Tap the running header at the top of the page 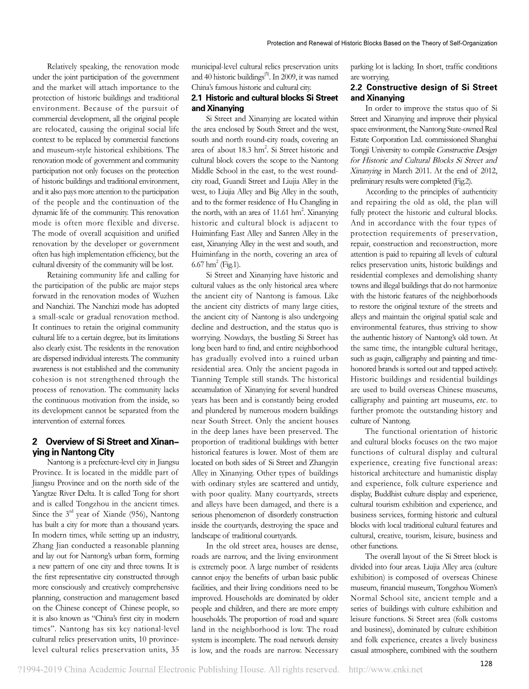point(382,43)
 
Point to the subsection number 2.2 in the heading point(357,88)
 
